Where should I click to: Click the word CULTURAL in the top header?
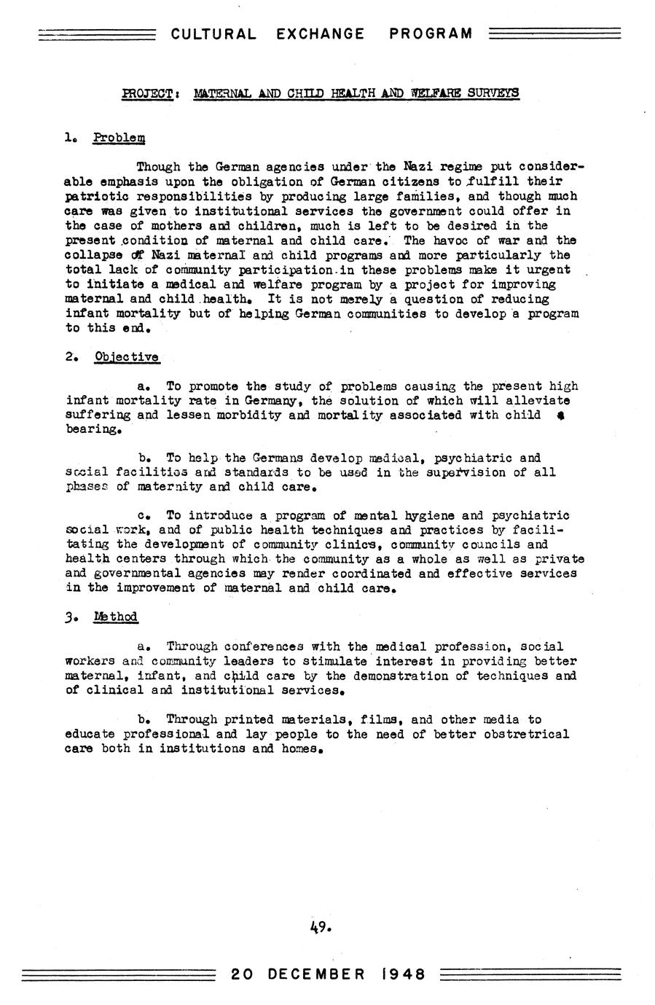pyautogui.click(x=213, y=34)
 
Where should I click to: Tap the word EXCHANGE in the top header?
pyautogui.click(x=321, y=34)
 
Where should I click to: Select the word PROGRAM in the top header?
pyautogui.click(x=431, y=34)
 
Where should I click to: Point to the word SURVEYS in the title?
pyautogui.click(x=493, y=93)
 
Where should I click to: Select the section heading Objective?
pyautogui.click(x=126, y=357)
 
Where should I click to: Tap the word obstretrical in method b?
pyautogui.click(x=522, y=734)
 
